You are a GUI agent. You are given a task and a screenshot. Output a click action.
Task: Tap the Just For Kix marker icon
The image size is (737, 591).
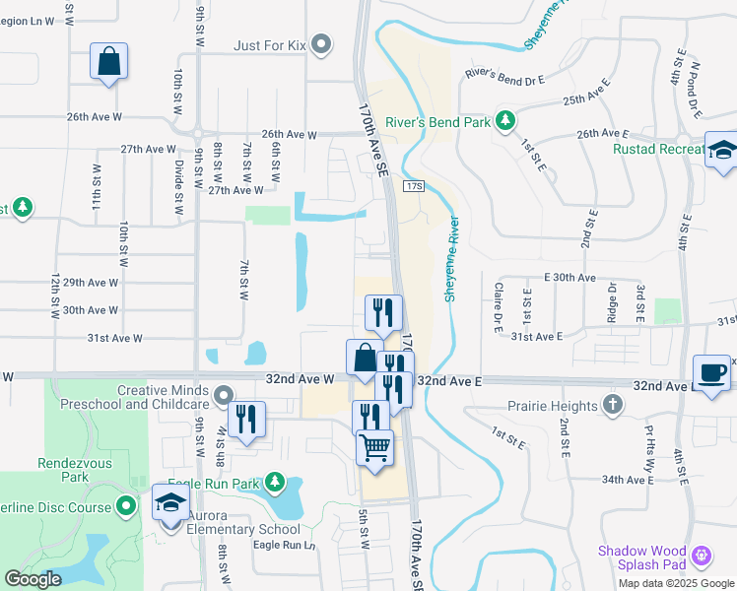(321, 43)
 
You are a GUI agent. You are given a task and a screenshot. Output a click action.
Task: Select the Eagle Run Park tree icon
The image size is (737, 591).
(278, 483)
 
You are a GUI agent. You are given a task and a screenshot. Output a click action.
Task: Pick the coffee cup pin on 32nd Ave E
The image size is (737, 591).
(712, 373)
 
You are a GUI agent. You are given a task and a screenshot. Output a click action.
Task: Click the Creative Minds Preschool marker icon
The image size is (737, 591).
(224, 396)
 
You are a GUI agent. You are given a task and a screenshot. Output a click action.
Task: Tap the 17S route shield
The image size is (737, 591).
(413, 186)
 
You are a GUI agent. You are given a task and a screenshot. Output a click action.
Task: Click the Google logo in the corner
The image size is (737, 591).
(33, 579)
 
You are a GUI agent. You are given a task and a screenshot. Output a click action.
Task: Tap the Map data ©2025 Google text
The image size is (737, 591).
(675, 583)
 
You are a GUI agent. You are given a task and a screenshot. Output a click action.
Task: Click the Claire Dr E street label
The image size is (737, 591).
(498, 304)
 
